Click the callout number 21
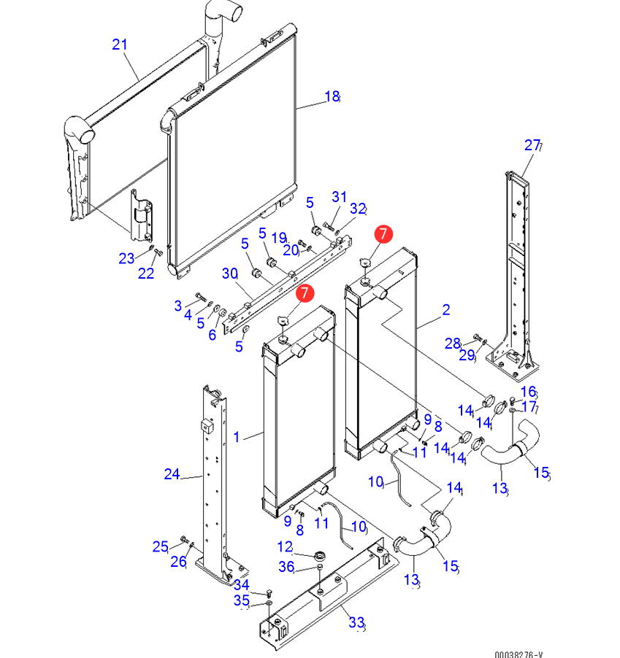pyautogui.click(x=120, y=44)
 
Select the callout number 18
pyautogui.click(x=332, y=96)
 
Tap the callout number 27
pyautogui.click(x=532, y=144)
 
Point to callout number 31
pyautogui.click(x=340, y=197)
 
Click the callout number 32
pyautogui.click(x=356, y=209)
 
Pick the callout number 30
pyautogui.click(x=230, y=274)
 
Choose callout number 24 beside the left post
pyautogui.click(x=172, y=475)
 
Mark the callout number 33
pyautogui.click(x=356, y=622)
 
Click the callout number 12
pyautogui.click(x=285, y=546)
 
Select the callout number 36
pyautogui.click(x=286, y=567)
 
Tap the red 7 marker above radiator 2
pyautogui.click(x=383, y=233)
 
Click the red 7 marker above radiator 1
pyautogui.click(x=305, y=293)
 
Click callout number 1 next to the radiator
pyautogui.click(x=237, y=437)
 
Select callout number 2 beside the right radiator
pyautogui.click(x=446, y=310)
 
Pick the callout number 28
pyautogui.click(x=453, y=344)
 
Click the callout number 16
pyautogui.click(x=529, y=392)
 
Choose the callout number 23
pyautogui.click(x=126, y=258)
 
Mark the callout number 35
pyautogui.click(x=241, y=600)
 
